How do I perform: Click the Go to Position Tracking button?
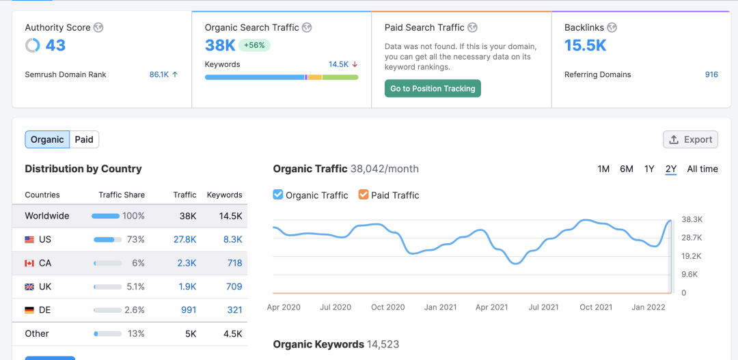pos(433,89)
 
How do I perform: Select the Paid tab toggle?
pos(84,139)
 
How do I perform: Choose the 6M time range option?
pos(626,169)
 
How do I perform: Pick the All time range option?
pos(702,169)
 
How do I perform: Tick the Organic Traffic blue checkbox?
pos(278,195)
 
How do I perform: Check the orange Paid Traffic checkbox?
pos(364,195)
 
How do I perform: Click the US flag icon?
pos(29,240)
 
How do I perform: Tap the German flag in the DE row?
pos(29,310)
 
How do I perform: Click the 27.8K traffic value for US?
pos(184,240)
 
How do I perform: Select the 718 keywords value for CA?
pos(234,263)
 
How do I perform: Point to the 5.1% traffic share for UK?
pos(136,287)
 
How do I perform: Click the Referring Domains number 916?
pos(711,74)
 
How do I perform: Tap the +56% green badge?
pos(254,45)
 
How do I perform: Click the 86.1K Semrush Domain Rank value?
pos(159,74)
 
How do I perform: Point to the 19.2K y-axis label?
pos(692,256)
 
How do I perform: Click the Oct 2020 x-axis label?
pos(387,307)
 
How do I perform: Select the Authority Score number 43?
pos(55,46)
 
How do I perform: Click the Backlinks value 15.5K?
pos(586,46)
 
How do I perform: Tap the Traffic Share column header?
pos(122,195)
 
